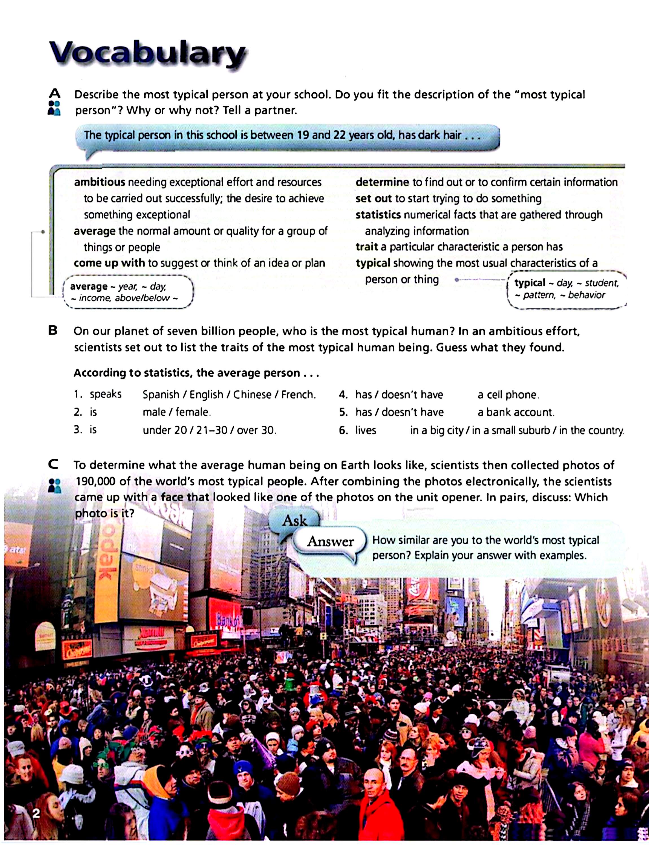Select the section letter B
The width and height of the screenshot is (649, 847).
(53, 330)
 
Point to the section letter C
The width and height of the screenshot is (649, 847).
(53, 464)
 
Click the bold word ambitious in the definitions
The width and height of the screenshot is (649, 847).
(100, 182)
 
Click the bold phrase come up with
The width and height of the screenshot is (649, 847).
(109, 263)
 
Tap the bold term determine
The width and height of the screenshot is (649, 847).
(382, 182)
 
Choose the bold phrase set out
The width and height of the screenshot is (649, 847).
(373, 198)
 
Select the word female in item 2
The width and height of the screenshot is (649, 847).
(193, 412)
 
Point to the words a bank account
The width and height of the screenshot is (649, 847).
(515, 412)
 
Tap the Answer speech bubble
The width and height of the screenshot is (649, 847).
(330, 541)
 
